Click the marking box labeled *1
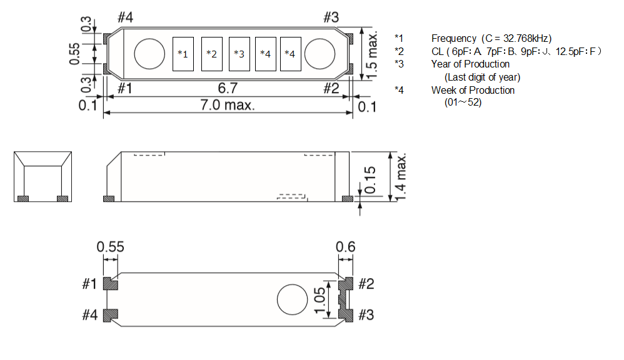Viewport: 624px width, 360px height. (x=183, y=54)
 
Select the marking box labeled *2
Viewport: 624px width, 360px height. (x=212, y=54)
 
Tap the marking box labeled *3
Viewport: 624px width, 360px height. (x=239, y=54)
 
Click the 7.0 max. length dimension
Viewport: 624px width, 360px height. (x=227, y=105)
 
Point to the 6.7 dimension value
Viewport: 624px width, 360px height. (x=228, y=87)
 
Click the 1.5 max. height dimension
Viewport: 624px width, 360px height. (x=371, y=56)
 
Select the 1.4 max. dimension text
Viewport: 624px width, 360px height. (x=401, y=177)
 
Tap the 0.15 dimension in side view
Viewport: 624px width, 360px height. (x=370, y=180)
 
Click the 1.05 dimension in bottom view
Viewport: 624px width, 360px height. (x=320, y=301)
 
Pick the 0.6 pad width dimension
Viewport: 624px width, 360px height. (x=345, y=247)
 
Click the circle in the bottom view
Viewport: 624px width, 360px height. (x=292, y=299)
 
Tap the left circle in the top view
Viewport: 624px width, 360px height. (x=149, y=54)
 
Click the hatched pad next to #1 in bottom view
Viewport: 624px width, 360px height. (x=110, y=284)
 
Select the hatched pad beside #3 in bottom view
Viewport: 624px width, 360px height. (x=346, y=315)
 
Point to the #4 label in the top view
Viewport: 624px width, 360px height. (x=125, y=17)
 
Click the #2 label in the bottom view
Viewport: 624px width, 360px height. (x=366, y=284)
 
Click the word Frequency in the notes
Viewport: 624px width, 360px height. (x=454, y=39)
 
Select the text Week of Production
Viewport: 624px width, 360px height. (x=473, y=90)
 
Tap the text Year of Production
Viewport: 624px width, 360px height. (x=470, y=64)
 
